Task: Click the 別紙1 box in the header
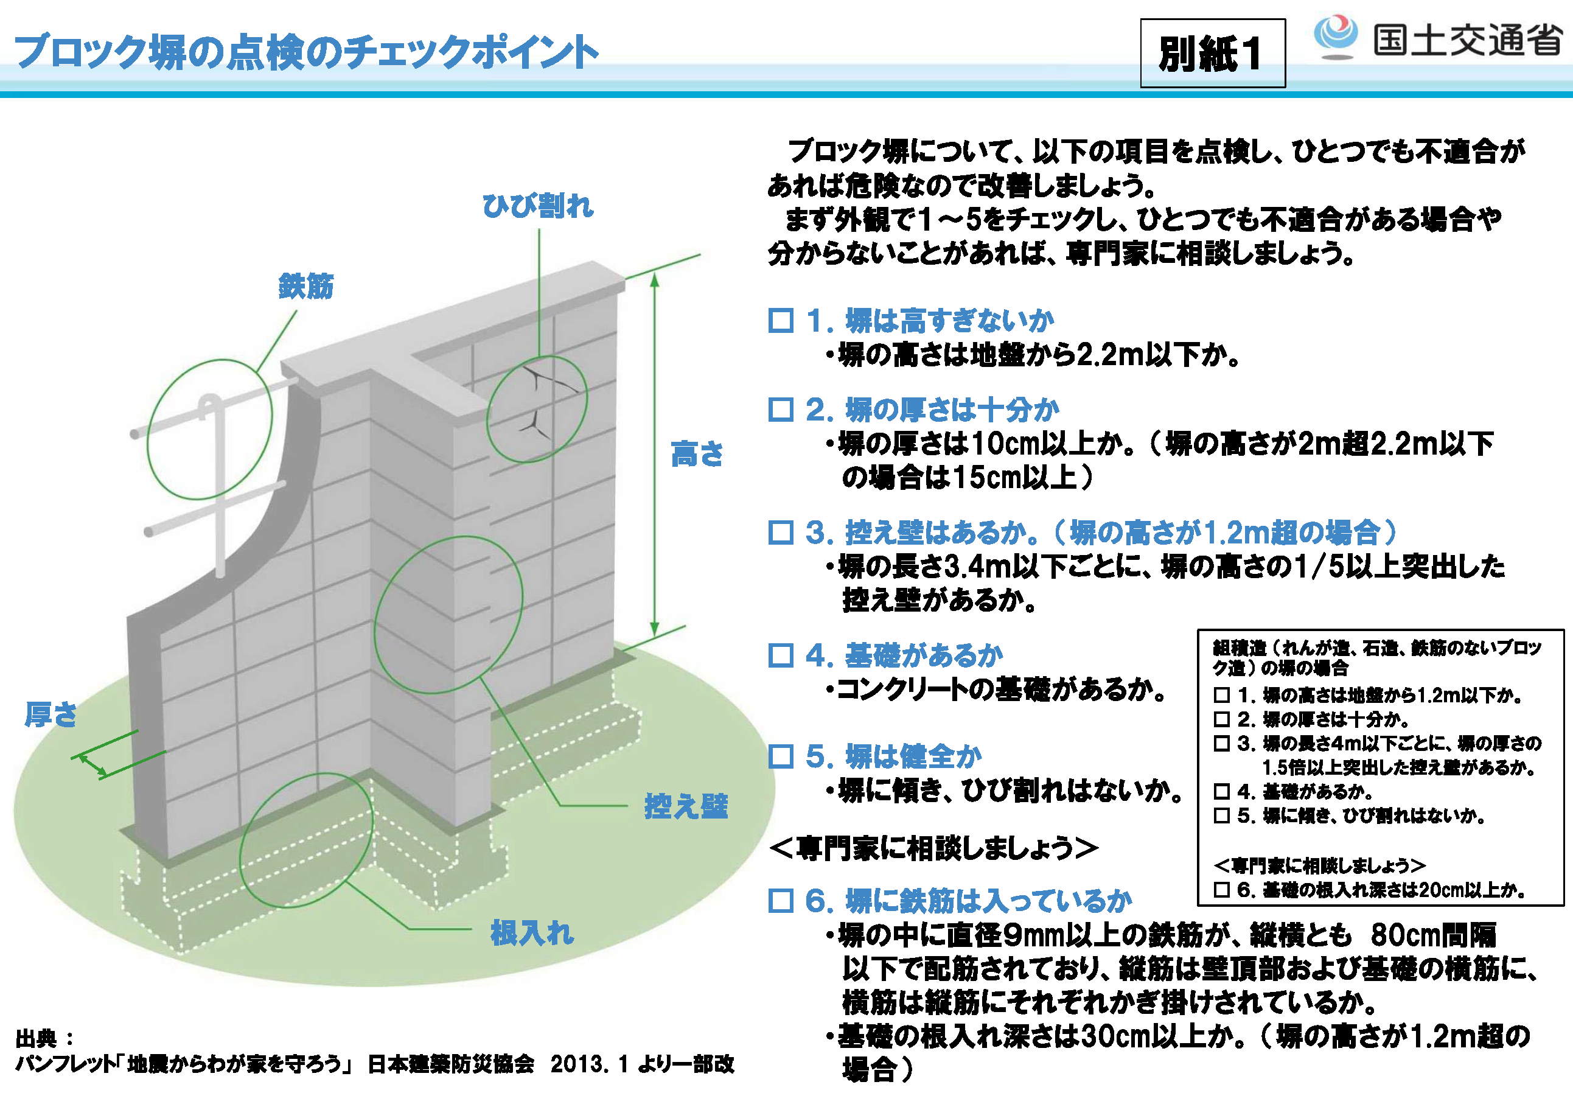[1213, 53]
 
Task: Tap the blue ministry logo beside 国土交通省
[1335, 36]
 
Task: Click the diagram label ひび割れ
[538, 206]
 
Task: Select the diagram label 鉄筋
[305, 285]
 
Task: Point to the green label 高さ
[697, 453]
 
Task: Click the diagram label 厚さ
[51, 714]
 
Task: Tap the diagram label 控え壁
[686, 806]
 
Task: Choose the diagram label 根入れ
[532, 933]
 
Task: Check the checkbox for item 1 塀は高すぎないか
[781, 321]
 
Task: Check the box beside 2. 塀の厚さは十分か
[781, 410]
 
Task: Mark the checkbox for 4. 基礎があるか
[781, 655]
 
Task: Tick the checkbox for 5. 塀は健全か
[781, 756]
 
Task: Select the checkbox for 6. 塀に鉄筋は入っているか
[781, 901]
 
